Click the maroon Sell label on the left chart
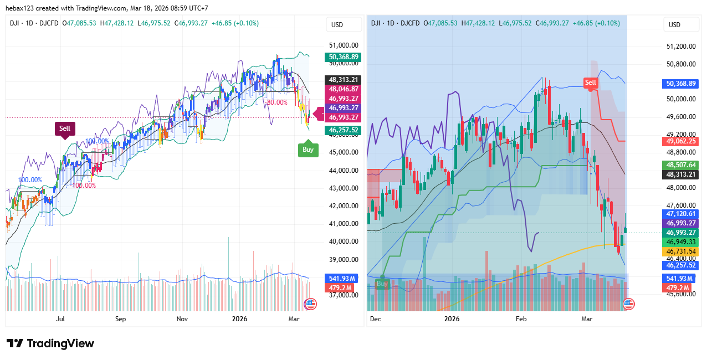(65, 128)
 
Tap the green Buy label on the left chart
(308, 149)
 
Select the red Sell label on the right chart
(591, 83)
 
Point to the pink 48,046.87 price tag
(344, 89)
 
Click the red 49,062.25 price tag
(681, 141)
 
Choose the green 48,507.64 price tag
(681, 165)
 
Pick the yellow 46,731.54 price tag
(681, 251)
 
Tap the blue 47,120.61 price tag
(681, 214)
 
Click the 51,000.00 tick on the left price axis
(344, 45)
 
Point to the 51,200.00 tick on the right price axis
(681, 47)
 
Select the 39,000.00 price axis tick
(344, 260)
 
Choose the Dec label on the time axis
(376, 319)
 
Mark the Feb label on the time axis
(521, 319)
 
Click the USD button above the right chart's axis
(674, 25)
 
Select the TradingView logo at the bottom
(50, 343)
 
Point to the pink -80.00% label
(276, 102)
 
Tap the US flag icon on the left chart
(310, 304)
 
